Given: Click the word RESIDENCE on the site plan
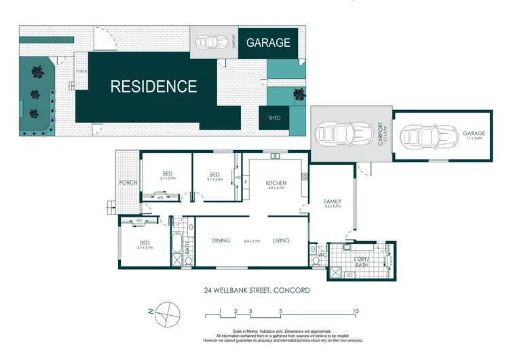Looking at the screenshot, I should [153, 86].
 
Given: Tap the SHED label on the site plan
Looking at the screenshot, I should [274, 118].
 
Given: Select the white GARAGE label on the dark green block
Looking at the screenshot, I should [268, 42].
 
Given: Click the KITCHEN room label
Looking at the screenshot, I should [276, 183].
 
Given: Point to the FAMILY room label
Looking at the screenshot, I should [332, 202].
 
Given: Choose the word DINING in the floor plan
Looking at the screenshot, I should [221, 240].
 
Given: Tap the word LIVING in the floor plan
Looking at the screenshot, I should [282, 240].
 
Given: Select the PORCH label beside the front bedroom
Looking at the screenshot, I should [128, 181].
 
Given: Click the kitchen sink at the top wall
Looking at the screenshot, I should [276, 157].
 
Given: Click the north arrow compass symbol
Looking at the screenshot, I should [167, 314].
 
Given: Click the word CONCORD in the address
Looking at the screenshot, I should [292, 290].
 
